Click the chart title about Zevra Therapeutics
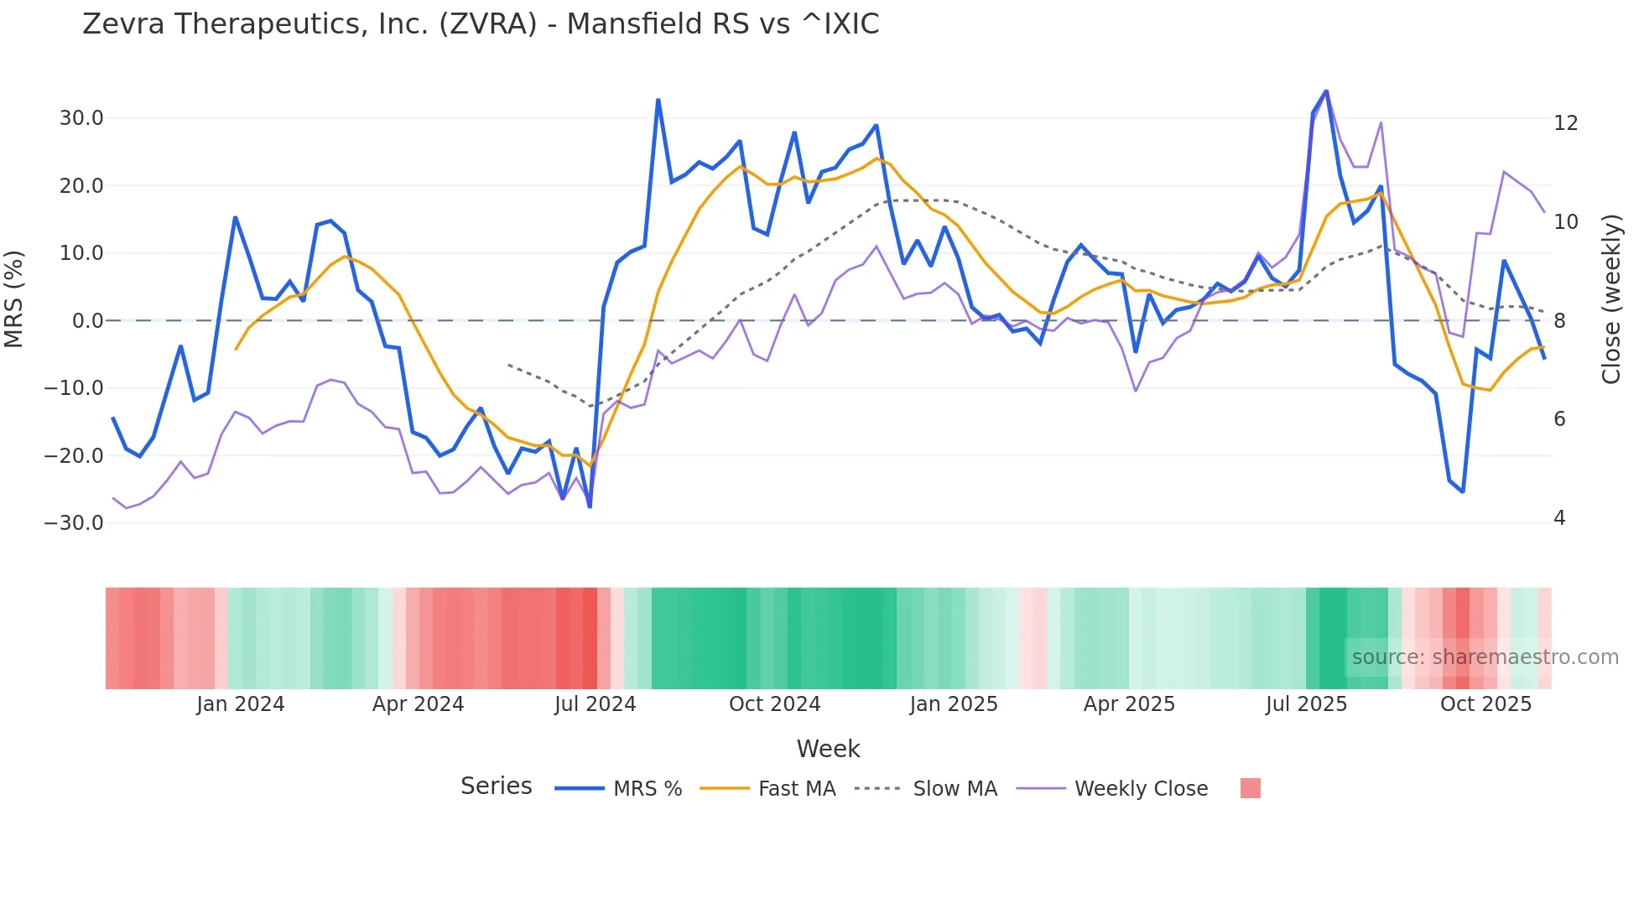coord(481,24)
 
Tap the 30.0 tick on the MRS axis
coord(81,118)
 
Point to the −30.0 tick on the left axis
coord(74,523)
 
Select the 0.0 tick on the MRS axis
coord(88,321)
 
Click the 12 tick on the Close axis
coord(1565,123)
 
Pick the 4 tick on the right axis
coord(1559,518)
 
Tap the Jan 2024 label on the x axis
coord(241,704)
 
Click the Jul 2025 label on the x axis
coord(1306,704)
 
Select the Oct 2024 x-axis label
coord(774,704)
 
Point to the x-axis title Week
coord(828,749)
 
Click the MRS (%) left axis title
coord(14,298)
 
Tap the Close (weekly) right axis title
coord(1611,299)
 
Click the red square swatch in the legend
coord(1250,788)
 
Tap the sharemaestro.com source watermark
coord(1485,657)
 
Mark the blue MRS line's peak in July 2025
coord(1326,91)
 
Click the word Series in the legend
coord(496,786)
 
